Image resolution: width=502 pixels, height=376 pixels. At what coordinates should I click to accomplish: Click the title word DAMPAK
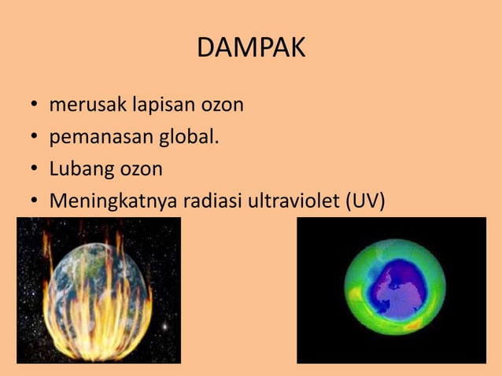[x=251, y=48]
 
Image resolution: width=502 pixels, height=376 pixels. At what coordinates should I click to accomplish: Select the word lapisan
[x=153, y=105]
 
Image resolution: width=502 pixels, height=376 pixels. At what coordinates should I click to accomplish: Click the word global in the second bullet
[x=187, y=137]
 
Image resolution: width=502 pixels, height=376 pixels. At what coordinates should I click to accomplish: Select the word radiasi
[x=212, y=201]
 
